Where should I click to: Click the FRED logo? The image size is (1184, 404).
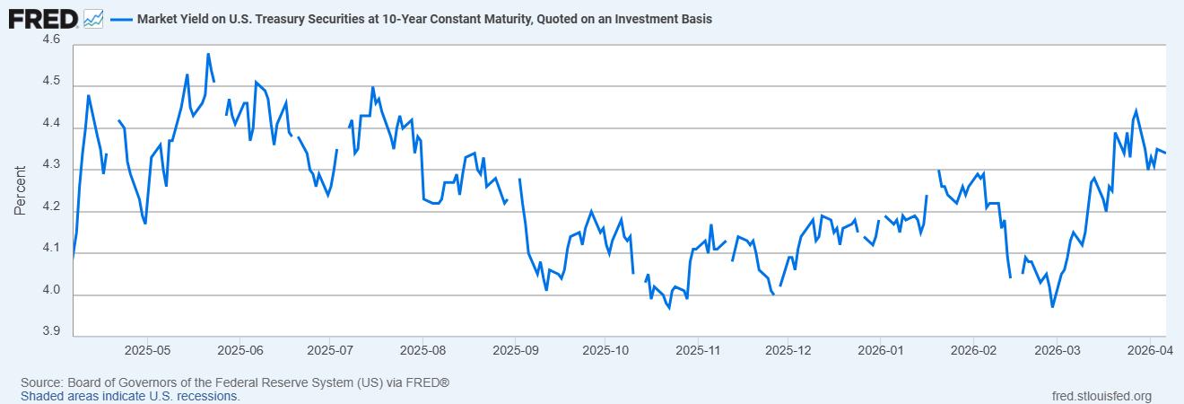[42, 17]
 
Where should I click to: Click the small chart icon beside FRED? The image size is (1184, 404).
[93, 18]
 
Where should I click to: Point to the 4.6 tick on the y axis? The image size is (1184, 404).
[51, 40]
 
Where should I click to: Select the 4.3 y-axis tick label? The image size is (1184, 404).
[51, 166]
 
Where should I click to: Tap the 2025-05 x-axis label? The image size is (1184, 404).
[148, 348]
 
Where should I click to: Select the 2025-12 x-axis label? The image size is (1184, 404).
[788, 348]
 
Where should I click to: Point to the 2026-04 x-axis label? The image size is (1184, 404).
[1151, 348]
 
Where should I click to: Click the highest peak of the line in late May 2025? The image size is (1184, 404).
[208, 54]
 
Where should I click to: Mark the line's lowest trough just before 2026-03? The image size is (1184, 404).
[1052, 307]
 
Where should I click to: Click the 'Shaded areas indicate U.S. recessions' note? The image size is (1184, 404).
[130, 396]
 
